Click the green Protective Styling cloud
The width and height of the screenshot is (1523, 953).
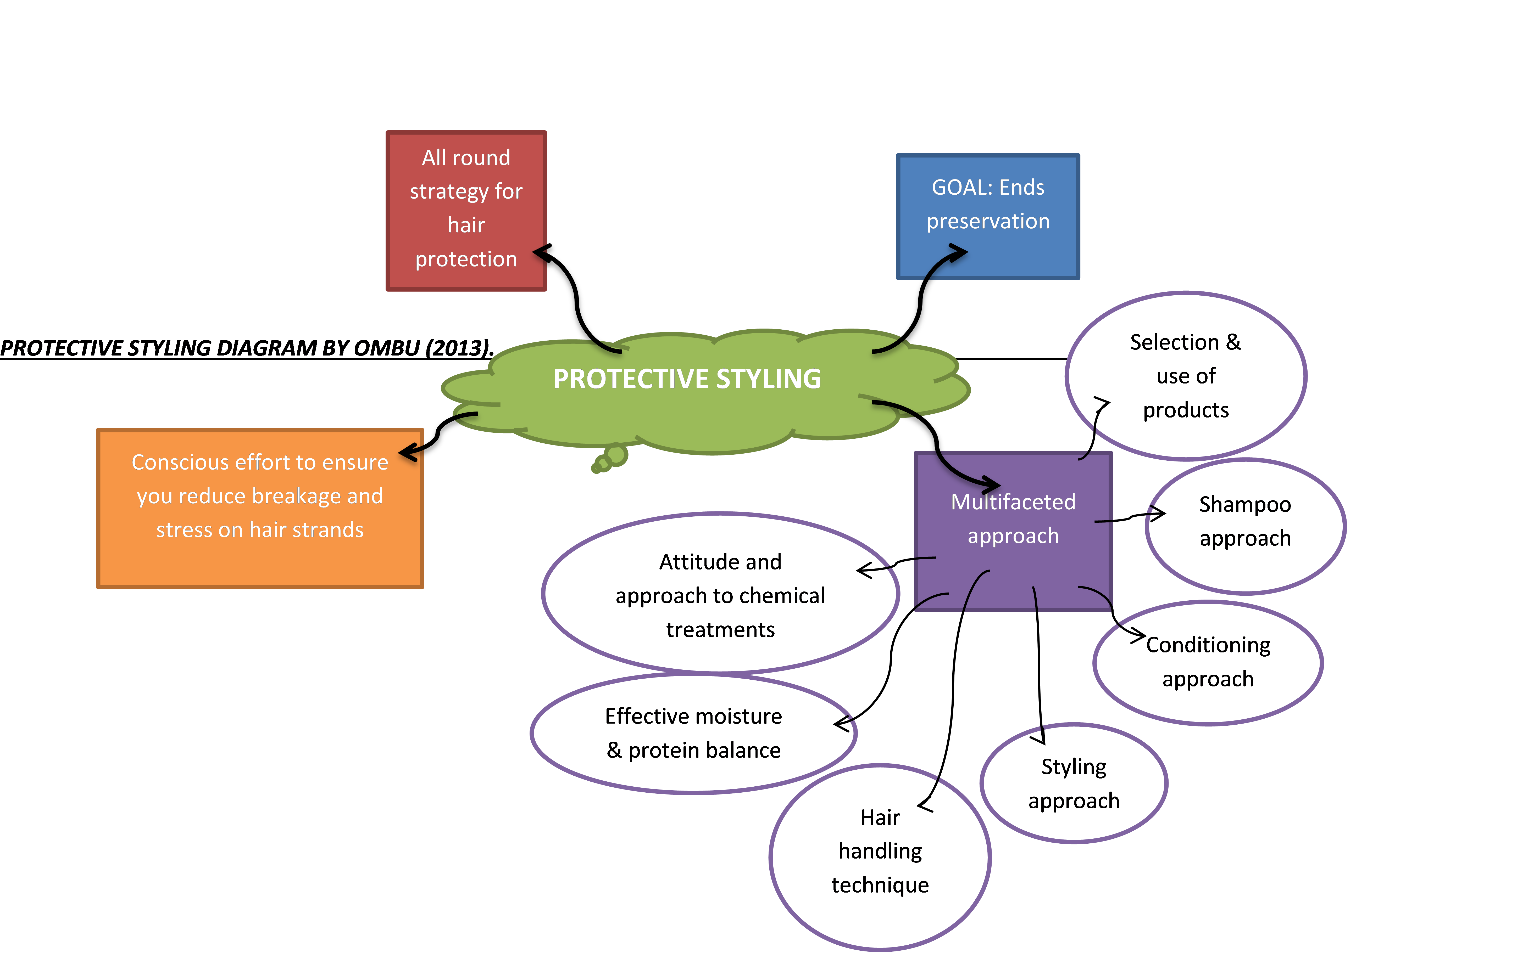tap(687, 403)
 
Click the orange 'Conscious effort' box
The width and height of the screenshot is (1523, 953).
tap(260, 508)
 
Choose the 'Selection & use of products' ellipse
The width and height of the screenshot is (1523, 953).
tap(1186, 376)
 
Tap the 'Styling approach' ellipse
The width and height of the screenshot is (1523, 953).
tap(1073, 783)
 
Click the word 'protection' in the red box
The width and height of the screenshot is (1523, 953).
tap(466, 259)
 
